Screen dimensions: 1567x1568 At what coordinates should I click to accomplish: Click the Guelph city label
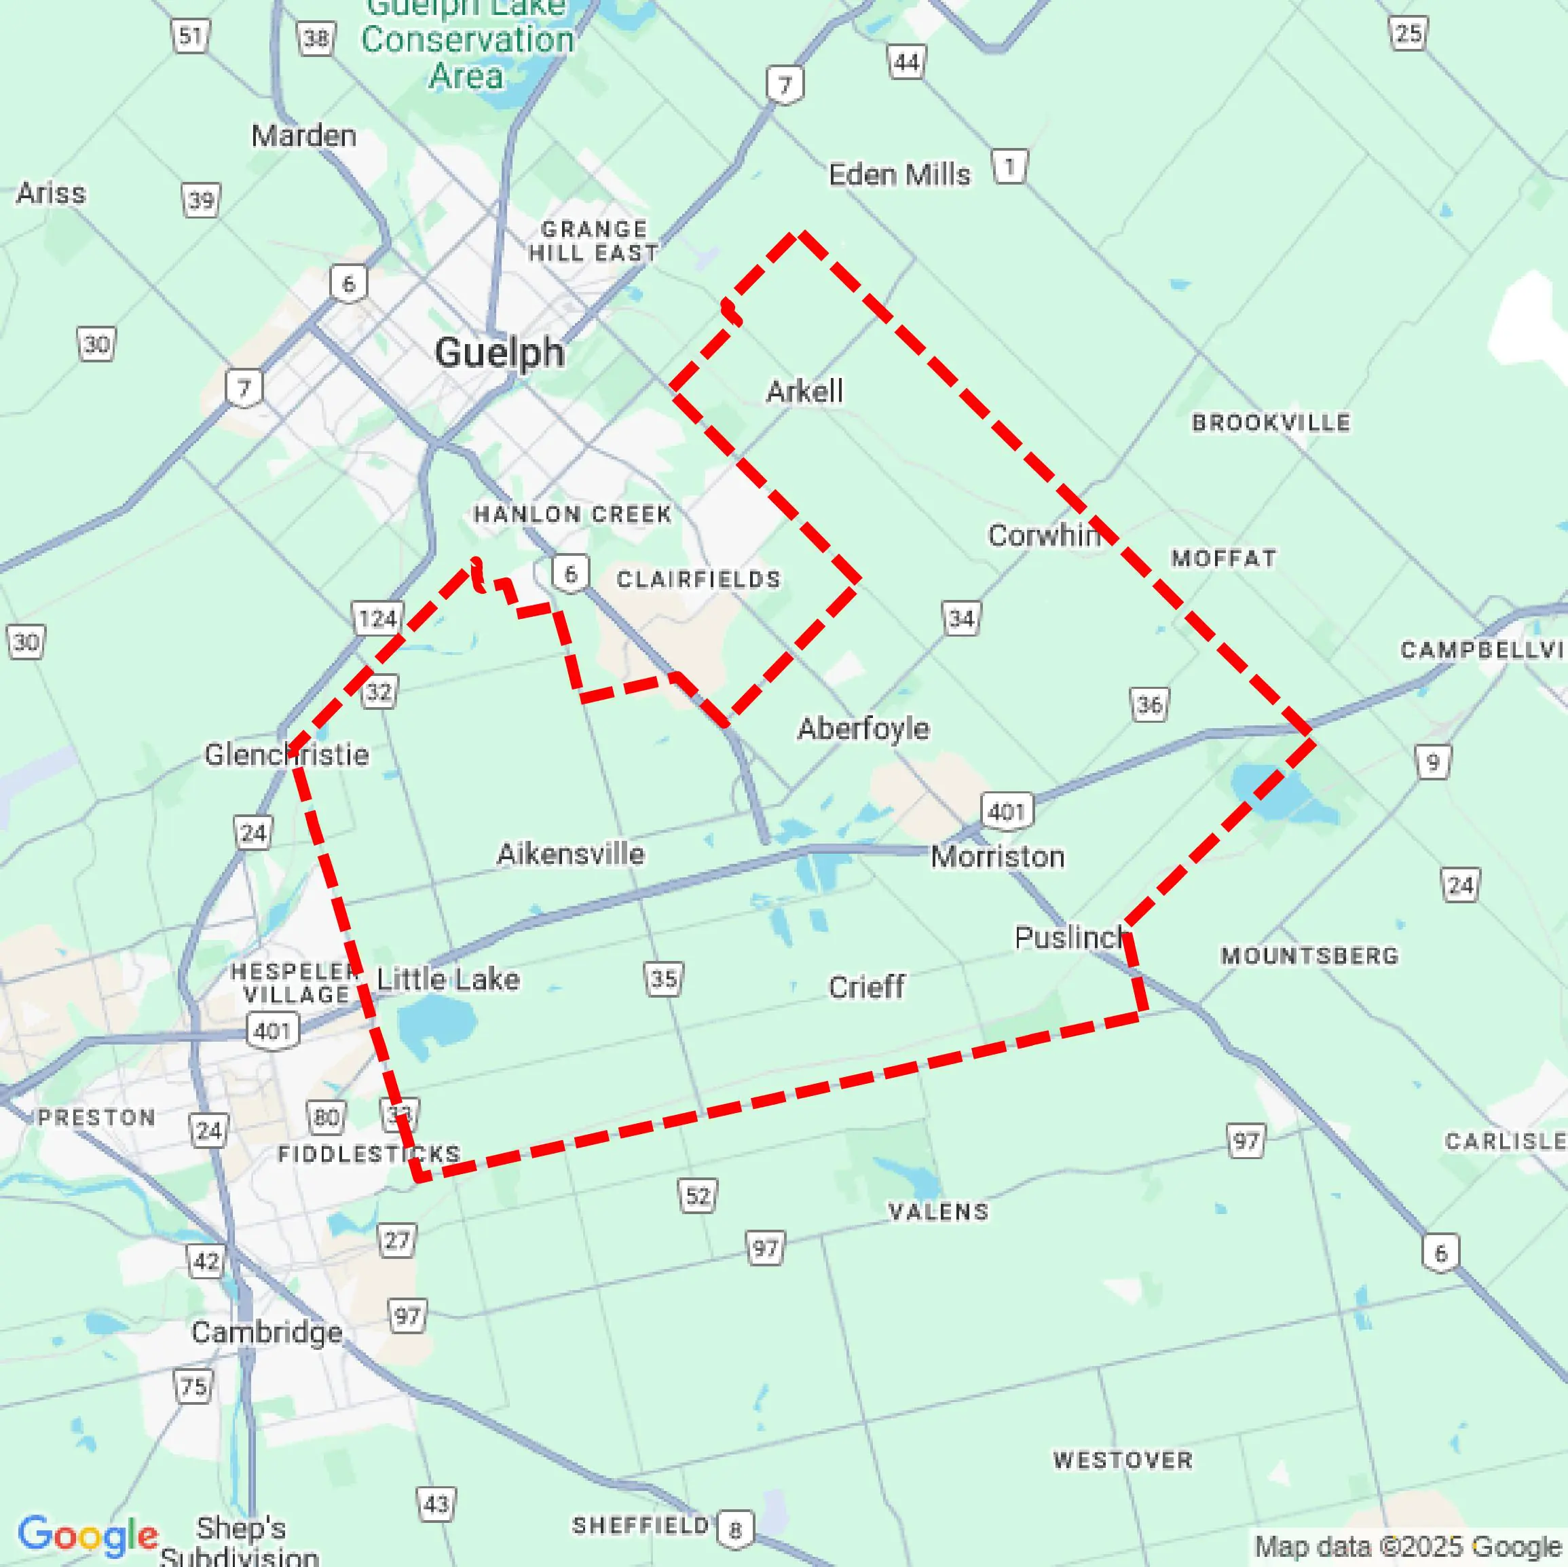tap(499, 353)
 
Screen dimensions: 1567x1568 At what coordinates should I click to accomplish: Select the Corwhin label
tap(1044, 535)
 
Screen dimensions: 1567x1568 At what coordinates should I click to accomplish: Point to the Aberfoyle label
tap(863, 728)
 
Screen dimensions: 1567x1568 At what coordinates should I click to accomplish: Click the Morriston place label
tap(997, 856)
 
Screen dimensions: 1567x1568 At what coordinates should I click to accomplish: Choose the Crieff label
tap(866, 987)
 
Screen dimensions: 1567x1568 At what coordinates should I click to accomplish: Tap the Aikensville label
tap(571, 853)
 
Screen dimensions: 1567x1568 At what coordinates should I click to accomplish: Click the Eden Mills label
tap(899, 174)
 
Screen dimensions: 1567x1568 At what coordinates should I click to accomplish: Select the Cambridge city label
tap(266, 1332)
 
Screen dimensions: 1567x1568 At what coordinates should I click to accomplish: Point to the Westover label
tap(1123, 1460)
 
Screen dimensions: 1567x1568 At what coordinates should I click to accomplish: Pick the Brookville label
tap(1270, 422)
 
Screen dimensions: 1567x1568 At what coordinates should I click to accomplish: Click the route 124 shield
tap(377, 619)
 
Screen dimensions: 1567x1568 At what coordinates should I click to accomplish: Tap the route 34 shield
tap(961, 618)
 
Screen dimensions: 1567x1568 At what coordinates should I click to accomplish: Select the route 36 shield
tap(1149, 704)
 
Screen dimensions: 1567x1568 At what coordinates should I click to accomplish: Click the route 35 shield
tap(664, 979)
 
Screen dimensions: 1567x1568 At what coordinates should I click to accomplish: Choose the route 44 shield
tap(907, 62)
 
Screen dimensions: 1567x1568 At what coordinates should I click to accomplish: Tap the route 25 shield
tap(1408, 34)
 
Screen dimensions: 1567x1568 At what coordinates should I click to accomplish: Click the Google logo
tap(88, 1534)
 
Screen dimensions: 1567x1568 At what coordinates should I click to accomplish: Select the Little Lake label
tap(448, 979)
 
